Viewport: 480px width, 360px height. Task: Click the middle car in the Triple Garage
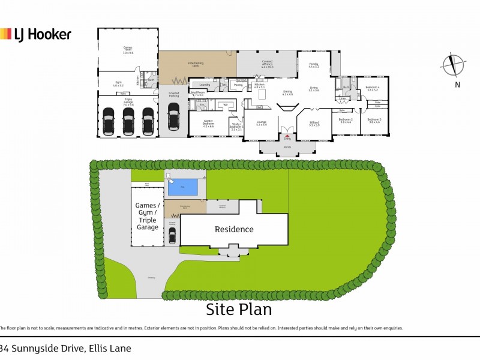pyautogui.click(x=128, y=121)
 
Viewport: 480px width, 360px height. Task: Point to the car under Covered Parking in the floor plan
pyautogui.click(x=173, y=116)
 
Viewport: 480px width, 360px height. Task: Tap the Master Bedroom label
pyautogui.click(x=208, y=125)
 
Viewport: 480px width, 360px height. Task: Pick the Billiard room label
pyautogui.click(x=314, y=124)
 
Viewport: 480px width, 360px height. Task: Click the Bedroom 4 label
pyautogui.click(x=373, y=89)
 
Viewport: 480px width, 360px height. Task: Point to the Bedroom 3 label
pyautogui.click(x=376, y=121)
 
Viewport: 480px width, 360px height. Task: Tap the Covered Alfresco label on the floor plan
pyautogui.click(x=267, y=64)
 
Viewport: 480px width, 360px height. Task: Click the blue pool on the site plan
pyautogui.click(x=185, y=187)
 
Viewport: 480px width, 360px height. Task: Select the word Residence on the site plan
pyautogui.click(x=235, y=229)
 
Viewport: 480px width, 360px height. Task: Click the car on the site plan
pyautogui.click(x=172, y=237)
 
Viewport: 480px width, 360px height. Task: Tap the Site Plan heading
pyautogui.click(x=239, y=310)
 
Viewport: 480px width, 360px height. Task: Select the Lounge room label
pyautogui.click(x=261, y=124)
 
